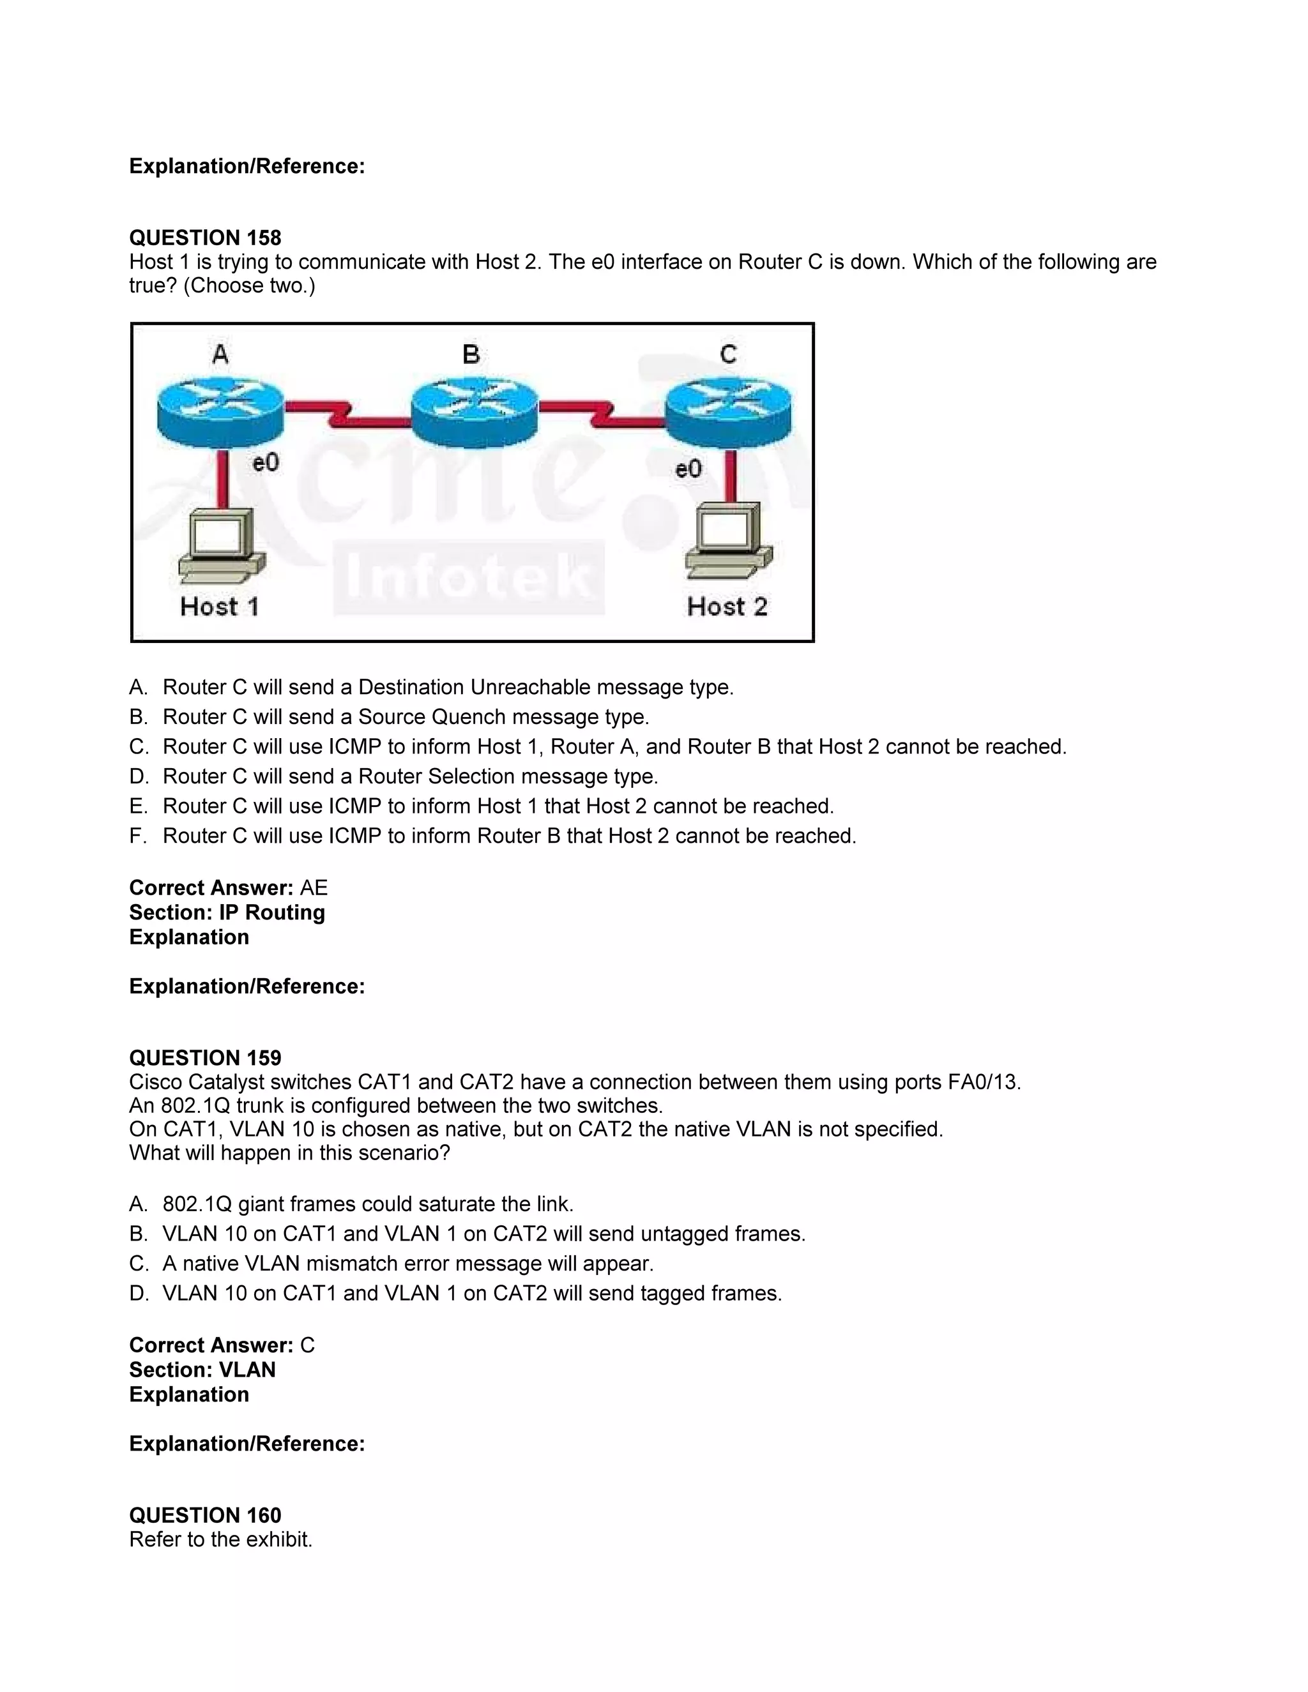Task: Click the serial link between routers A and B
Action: click(346, 414)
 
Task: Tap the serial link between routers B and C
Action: click(601, 414)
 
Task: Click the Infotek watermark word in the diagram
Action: click(468, 577)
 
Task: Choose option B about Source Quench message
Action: click(406, 716)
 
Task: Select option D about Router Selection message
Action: click(410, 776)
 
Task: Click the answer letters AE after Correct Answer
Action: click(314, 888)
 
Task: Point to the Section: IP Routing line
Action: click(227, 912)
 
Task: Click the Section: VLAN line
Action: click(202, 1370)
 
